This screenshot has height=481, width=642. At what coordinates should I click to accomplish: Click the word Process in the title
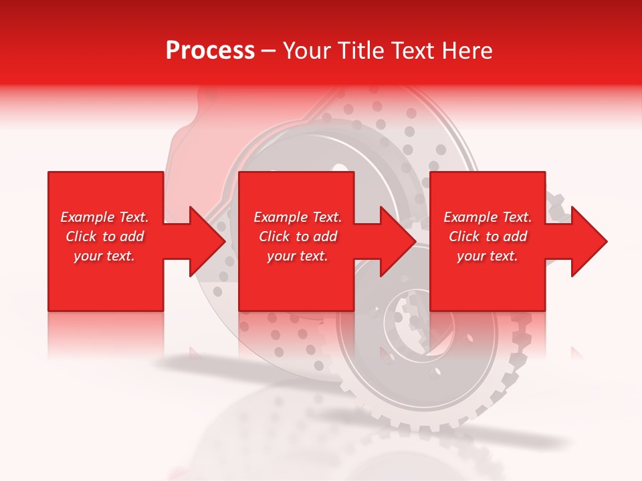(x=210, y=51)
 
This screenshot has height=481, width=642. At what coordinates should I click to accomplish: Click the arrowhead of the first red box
(x=206, y=241)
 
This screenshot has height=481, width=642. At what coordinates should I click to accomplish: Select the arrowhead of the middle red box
(x=397, y=241)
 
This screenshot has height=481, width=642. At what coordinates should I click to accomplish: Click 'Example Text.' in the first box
(x=104, y=217)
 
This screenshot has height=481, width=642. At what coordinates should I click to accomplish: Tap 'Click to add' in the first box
(x=104, y=236)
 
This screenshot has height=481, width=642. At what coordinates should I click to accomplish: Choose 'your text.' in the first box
(x=104, y=256)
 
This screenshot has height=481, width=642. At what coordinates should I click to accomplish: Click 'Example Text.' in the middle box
(x=298, y=217)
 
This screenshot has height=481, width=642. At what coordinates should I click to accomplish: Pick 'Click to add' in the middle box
(x=298, y=236)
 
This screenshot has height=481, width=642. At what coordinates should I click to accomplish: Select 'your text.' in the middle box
(x=298, y=256)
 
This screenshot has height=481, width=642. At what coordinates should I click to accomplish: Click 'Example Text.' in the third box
(x=488, y=217)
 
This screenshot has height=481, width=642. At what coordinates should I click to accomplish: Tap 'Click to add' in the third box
(x=488, y=236)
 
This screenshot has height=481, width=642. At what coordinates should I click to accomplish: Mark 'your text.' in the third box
(x=488, y=256)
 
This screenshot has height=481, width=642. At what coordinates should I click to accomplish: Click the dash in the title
(x=269, y=51)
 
